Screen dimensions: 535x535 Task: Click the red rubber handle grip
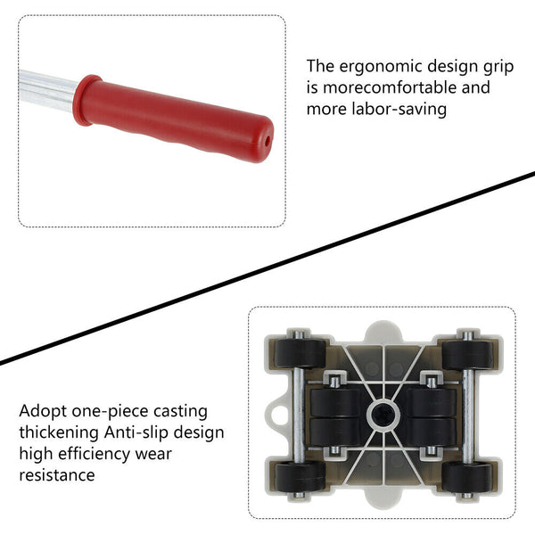[x=173, y=119]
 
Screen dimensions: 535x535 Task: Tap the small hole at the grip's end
[x=267, y=141]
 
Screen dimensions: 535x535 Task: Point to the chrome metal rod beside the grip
[x=46, y=90]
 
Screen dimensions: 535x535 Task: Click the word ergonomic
[x=381, y=66]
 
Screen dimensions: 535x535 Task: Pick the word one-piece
[x=110, y=412]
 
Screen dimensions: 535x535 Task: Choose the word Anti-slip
[x=136, y=432]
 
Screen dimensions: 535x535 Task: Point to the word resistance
[x=57, y=475]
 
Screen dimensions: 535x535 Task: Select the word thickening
[x=59, y=432]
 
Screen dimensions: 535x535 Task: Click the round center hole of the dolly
[x=383, y=415]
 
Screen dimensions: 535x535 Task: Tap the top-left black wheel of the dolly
[x=300, y=353]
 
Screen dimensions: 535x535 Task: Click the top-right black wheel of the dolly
[x=467, y=355]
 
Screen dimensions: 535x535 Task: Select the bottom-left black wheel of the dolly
[x=300, y=477]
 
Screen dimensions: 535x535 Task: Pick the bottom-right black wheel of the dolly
[x=467, y=477]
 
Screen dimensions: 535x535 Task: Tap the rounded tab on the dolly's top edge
[x=383, y=331]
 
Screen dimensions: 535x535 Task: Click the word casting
[x=180, y=412]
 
